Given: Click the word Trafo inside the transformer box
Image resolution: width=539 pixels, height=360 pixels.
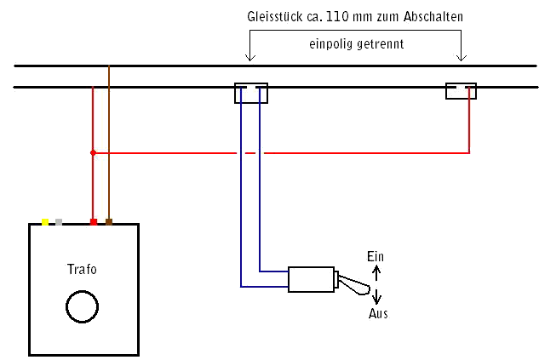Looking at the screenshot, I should coord(82,270).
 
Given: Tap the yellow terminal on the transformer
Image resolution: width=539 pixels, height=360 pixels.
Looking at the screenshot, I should coord(45,223).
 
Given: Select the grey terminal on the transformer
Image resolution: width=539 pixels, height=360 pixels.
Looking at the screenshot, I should coord(58,223).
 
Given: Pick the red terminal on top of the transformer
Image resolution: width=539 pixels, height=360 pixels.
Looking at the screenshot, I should coord(93,223).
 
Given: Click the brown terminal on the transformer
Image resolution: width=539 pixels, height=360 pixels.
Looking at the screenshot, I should coord(109,223).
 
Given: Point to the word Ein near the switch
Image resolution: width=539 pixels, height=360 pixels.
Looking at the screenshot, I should coord(375,256).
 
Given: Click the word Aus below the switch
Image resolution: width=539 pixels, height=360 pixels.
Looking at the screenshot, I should coord(378,313).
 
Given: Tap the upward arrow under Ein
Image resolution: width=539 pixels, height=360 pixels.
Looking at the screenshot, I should coord(377,271).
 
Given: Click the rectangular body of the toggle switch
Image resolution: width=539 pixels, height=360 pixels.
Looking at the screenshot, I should coord(312,280).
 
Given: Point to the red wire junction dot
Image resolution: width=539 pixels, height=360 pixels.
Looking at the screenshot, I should coord(93,153).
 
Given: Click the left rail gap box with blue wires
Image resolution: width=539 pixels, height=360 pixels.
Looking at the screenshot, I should coord(250,93).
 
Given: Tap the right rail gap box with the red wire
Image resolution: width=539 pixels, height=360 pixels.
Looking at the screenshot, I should coord(461,91).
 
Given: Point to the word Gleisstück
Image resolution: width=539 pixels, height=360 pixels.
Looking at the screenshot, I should coord(273,17).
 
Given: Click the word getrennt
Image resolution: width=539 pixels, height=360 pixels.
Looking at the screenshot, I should coord(380,43).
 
